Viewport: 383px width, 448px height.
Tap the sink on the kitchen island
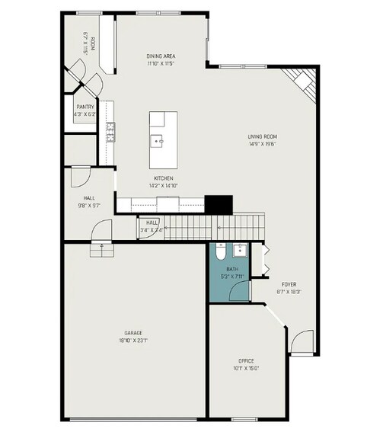tap(161, 140)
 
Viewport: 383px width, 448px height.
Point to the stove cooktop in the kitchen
tap(110, 133)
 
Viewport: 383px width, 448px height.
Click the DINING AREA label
tap(161, 56)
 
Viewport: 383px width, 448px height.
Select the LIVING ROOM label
tap(261, 137)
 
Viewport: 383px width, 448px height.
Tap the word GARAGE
tap(133, 333)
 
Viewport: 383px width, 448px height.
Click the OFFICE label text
tap(245, 360)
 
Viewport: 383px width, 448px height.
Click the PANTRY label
tap(84, 107)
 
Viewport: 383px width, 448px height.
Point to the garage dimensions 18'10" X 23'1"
tap(133, 341)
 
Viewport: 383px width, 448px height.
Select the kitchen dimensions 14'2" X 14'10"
tap(164, 185)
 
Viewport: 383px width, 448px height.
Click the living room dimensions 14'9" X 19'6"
tap(261, 144)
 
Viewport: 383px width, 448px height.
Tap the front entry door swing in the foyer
tap(302, 342)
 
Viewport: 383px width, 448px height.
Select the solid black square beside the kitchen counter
tap(219, 204)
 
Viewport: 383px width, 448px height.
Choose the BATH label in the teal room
tap(232, 269)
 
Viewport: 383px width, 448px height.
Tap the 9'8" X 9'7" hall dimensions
tap(88, 205)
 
